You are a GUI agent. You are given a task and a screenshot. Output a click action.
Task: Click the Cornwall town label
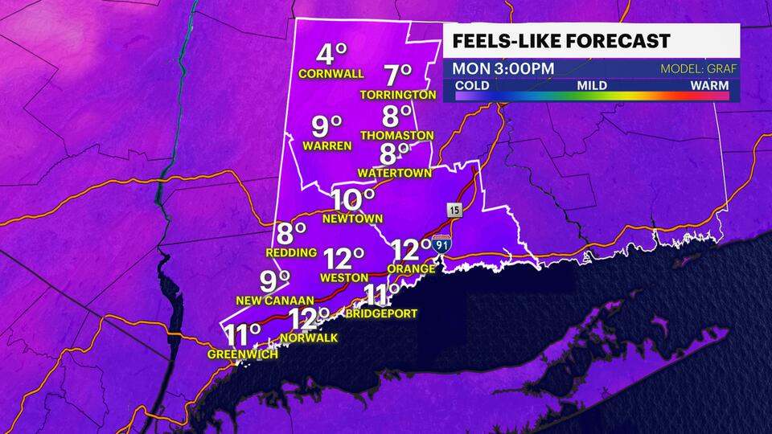click(x=331, y=74)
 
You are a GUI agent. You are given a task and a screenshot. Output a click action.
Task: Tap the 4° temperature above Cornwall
click(x=331, y=55)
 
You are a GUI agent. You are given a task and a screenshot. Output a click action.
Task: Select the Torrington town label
click(x=399, y=95)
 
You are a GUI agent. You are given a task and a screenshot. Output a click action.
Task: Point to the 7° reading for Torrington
click(x=397, y=76)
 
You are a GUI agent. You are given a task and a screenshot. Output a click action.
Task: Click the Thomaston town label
click(x=397, y=135)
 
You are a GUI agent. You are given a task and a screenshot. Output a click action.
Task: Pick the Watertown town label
click(x=396, y=172)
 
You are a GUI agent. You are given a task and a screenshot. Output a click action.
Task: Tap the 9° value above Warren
click(x=327, y=126)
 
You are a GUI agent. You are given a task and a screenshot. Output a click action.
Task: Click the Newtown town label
click(x=351, y=218)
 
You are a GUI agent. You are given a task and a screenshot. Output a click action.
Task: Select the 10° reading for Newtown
click(x=355, y=199)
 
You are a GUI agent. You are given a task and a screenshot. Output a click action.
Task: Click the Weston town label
click(x=344, y=277)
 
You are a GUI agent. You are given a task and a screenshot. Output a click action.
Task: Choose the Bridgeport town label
click(x=381, y=313)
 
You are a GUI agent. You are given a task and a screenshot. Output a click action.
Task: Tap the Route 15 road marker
click(x=455, y=211)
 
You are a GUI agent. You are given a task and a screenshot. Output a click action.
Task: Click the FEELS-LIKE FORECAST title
click(x=560, y=41)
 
